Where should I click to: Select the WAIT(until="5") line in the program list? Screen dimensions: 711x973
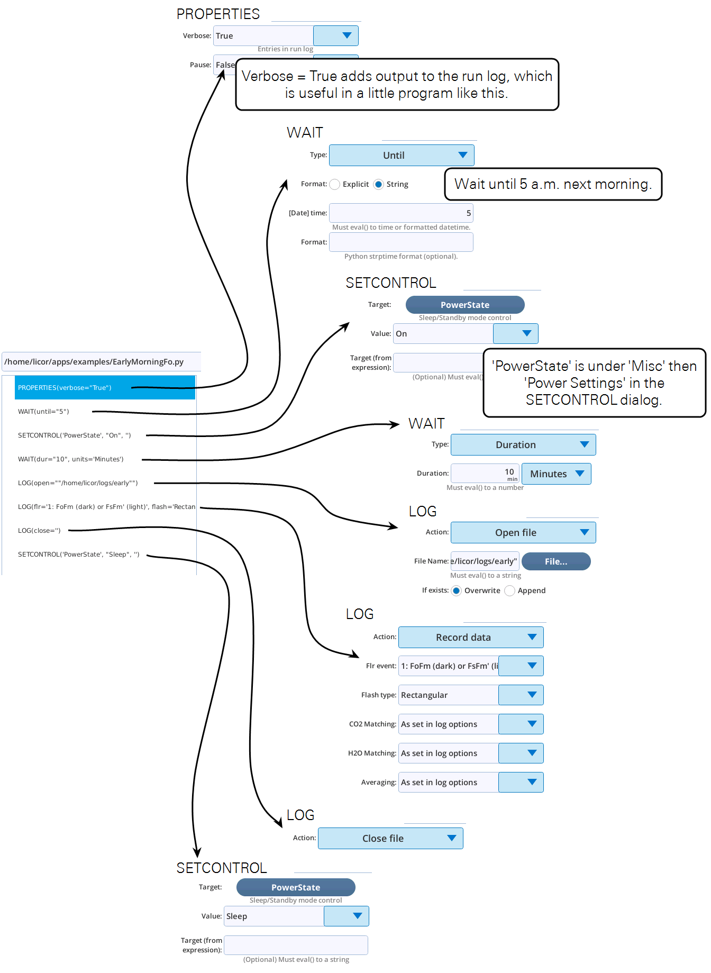click(43, 412)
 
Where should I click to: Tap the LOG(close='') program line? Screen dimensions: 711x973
click(39, 531)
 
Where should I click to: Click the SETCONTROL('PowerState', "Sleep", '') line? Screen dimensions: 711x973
click(78, 554)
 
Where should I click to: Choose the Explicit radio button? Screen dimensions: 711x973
click(335, 184)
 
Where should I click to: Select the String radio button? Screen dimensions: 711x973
click(378, 184)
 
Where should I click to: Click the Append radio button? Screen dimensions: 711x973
click(509, 590)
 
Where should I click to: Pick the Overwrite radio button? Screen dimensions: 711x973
click(456, 590)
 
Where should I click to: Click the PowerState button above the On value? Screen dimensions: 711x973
click(465, 305)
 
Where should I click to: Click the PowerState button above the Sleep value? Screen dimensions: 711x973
click(296, 887)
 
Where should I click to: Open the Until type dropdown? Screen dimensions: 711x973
click(402, 155)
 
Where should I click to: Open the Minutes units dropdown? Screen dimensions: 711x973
click(557, 474)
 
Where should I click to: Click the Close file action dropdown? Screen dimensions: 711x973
click(390, 838)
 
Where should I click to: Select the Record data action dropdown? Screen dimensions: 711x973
click(471, 637)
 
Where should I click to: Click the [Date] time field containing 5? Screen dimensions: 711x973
click(401, 213)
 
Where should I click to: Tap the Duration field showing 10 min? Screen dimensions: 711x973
click(485, 473)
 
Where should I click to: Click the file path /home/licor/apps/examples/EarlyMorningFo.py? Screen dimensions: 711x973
click(94, 362)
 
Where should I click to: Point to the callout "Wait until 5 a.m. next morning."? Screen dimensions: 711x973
click(553, 184)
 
